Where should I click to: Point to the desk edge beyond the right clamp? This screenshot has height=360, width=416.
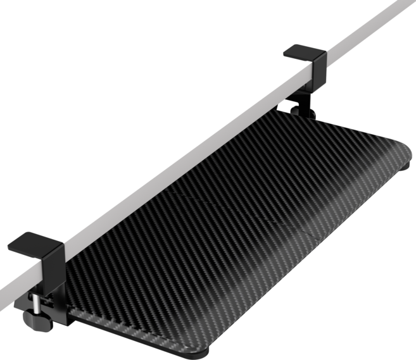[x=374, y=25]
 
